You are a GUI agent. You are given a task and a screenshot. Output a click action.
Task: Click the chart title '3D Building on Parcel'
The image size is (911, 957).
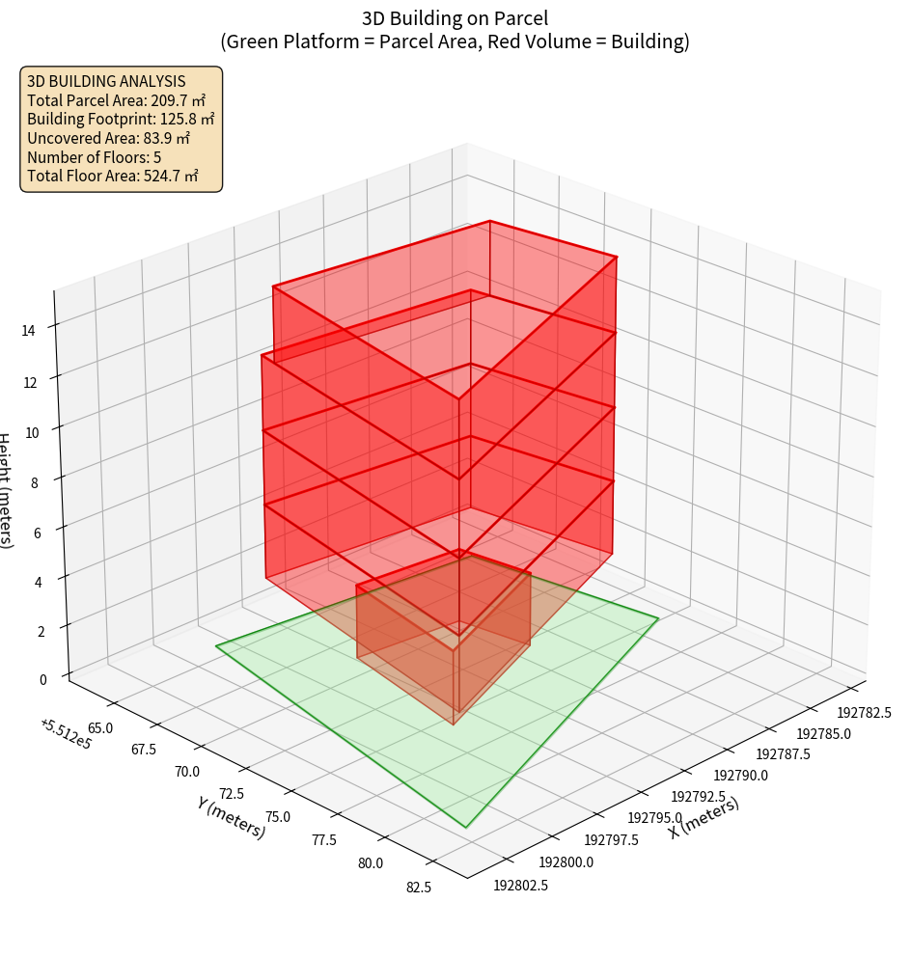455,17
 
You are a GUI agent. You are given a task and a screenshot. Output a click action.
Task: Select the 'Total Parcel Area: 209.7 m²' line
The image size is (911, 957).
116,100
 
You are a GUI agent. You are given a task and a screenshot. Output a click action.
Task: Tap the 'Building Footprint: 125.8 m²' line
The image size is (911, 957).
120,119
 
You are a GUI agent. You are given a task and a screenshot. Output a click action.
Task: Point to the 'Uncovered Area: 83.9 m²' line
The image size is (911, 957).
108,138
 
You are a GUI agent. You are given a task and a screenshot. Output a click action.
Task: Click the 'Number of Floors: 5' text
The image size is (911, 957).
95,156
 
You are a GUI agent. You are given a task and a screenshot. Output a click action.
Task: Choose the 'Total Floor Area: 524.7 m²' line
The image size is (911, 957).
112,176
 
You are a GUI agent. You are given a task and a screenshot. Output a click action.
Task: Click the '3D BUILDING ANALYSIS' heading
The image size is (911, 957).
106,81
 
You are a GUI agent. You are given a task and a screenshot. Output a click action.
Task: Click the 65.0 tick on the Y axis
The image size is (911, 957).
99,728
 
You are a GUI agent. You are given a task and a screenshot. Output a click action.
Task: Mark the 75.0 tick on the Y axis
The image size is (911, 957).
278,816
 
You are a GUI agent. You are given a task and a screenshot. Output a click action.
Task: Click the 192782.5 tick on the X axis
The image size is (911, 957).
864,712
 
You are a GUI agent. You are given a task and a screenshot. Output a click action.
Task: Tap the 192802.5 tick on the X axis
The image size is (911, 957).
521,885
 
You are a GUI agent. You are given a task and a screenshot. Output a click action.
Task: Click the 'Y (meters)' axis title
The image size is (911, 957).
231,816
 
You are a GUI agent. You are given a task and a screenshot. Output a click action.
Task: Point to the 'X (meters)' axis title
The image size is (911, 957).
704,818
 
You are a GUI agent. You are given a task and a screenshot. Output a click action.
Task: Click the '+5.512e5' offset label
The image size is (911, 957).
66,734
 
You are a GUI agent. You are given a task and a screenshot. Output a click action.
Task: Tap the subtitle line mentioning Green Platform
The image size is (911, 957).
455,41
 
